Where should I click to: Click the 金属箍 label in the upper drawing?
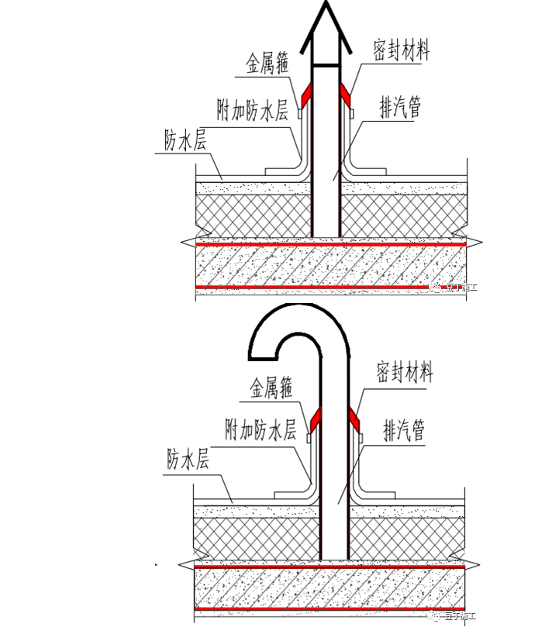268,64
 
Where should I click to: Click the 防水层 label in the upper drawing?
185,140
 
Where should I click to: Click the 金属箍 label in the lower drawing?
271,388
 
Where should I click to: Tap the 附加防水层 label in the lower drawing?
260,430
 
